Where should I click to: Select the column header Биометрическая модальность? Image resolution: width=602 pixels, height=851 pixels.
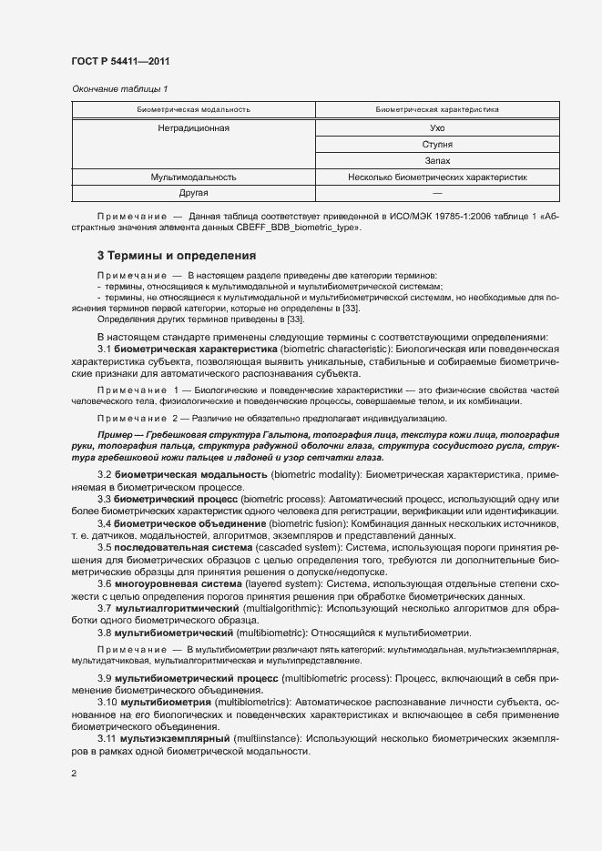tap(193, 110)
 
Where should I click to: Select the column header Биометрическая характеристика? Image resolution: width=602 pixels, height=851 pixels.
tap(437, 110)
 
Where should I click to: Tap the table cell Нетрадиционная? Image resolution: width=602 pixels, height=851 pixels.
tap(193, 129)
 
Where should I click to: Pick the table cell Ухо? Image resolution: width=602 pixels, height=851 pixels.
tap(437, 129)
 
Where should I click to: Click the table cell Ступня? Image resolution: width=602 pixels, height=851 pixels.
tap(437, 145)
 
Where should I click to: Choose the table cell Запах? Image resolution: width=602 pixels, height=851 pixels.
tap(437, 160)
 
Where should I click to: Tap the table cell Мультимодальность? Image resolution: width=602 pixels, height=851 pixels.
tap(193, 177)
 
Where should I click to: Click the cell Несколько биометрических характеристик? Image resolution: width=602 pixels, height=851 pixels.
tap(437, 177)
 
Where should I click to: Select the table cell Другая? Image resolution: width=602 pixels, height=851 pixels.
tap(193, 193)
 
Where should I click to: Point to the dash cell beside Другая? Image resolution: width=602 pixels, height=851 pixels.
tap(437, 193)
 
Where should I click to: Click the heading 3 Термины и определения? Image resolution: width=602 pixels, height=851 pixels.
tap(176, 255)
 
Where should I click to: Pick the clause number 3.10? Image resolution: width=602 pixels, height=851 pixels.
tap(107, 702)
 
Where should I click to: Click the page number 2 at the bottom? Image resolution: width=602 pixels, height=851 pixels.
tap(73, 774)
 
